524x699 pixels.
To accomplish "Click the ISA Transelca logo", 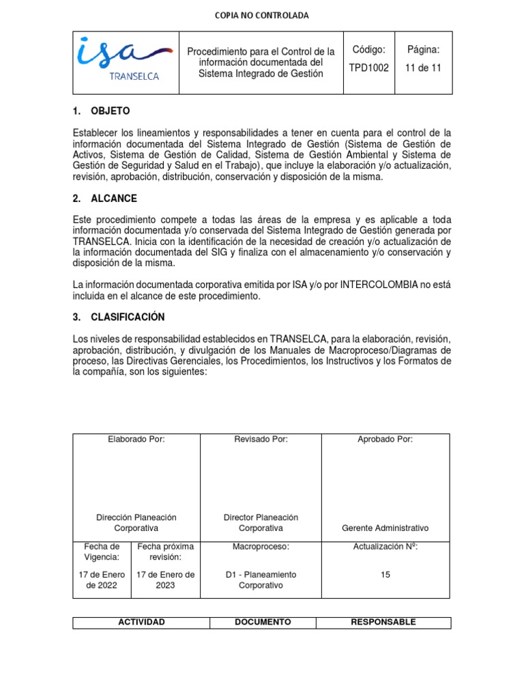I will click(x=124, y=61).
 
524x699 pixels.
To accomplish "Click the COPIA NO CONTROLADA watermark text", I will click(x=262, y=16).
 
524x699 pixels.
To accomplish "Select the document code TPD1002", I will click(x=369, y=68).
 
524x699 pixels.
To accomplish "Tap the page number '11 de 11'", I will click(x=424, y=68).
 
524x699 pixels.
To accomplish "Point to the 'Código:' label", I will click(x=369, y=50).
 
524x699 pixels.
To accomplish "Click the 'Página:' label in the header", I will click(x=424, y=50).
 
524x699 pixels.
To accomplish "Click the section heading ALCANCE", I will click(x=113, y=199).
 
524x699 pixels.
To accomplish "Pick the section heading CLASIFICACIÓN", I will click(x=128, y=317).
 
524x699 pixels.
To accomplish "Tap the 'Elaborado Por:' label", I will click(x=136, y=439).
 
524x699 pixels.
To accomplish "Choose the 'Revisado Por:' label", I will click(x=261, y=439).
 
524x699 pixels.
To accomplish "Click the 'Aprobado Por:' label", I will click(x=385, y=439).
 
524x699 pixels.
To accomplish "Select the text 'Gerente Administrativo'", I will click(x=385, y=528).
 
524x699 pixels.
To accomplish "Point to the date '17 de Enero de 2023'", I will click(x=166, y=580).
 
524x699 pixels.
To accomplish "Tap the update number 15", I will click(x=385, y=575).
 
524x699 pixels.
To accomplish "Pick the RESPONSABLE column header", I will click(x=383, y=623).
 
